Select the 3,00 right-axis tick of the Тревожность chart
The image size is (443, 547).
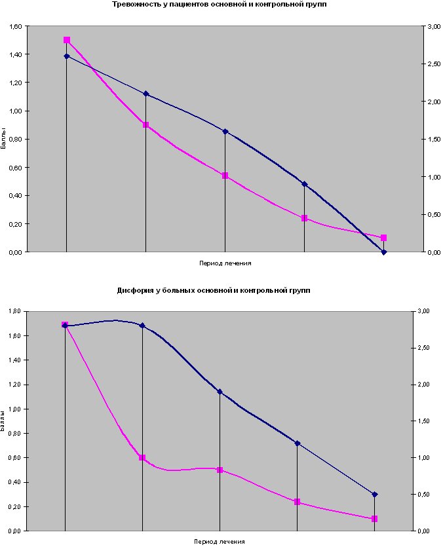(x=433, y=26)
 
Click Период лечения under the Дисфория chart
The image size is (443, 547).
(x=220, y=542)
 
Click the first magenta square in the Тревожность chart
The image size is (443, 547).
(x=67, y=40)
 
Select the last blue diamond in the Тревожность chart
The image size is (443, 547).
(x=384, y=252)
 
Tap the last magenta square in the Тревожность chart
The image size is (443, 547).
(x=384, y=238)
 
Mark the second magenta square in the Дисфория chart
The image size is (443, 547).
(x=142, y=458)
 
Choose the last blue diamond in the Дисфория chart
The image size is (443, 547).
(x=375, y=495)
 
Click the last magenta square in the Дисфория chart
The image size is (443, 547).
(x=375, y=519)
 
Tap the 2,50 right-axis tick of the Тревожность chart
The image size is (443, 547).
(x=433, y=64)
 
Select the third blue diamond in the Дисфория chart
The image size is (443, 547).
(x=220, y=392)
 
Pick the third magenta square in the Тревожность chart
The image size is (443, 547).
(x=225, y=176)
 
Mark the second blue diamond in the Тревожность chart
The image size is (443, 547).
(x=145, y=94)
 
